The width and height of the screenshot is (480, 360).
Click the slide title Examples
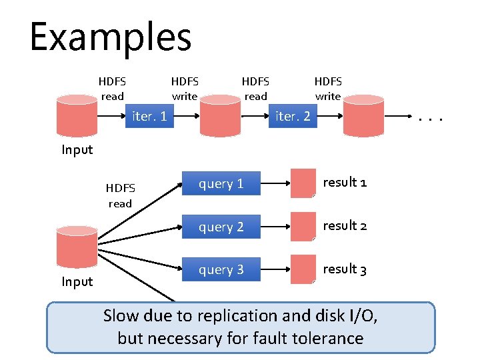point(111,37)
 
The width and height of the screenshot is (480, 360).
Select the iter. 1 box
point(149,117)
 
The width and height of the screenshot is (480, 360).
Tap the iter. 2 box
point(293,117)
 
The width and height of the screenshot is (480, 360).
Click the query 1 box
point(221,184)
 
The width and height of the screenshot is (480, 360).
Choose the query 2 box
point(221,227)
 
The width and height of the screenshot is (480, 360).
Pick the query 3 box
point(221,270)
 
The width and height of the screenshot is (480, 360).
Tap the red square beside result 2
point(303,227)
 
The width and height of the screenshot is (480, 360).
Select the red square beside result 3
point(303,269)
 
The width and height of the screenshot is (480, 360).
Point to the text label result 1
point(345,182)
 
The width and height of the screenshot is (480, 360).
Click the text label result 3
point(345,269)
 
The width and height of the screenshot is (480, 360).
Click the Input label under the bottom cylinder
point(77,281)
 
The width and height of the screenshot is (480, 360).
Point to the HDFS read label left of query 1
point(120,195)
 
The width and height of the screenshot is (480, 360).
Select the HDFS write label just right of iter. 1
point(185,89)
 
